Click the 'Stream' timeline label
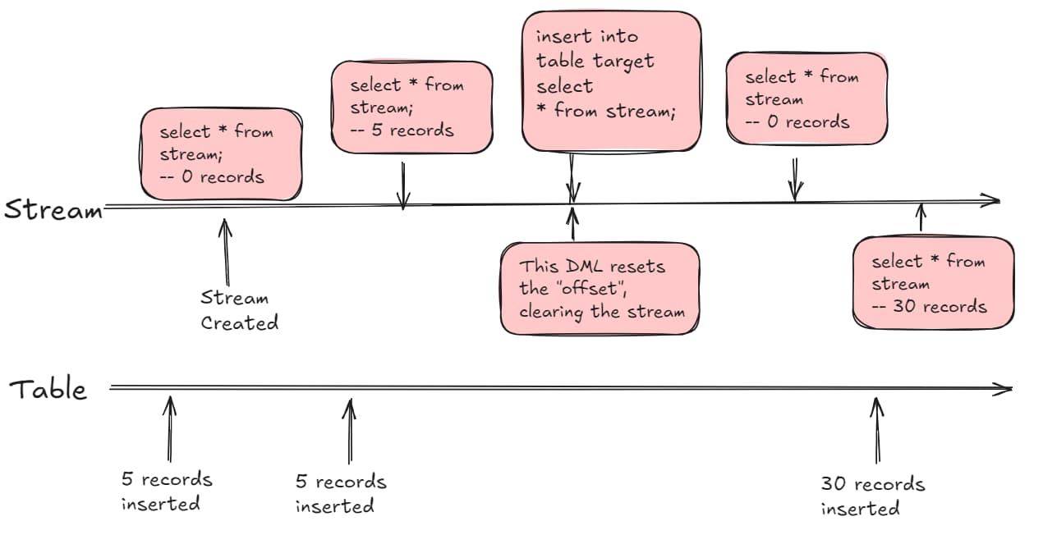pyautogui.click(x=53, y=210)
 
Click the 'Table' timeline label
pyautogui.click(x=48, y=390)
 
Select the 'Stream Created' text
pyautogui.click(x=239, y=310)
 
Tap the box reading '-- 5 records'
pyautogui.click(x=412, y=107)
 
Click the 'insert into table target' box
pyautogui.click(x=612, y=81)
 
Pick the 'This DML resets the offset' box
pyautogui.click(x=600, y=289)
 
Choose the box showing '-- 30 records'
pyautogui.click(x=933, y=283)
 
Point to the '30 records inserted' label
pyautogui.click(x=873, y=496)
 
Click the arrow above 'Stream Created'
pyautogui.click(x=226, y=252)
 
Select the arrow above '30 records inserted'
pyautogui.click(x=877, y=431)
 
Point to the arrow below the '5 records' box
pyautogui.click(x=403, y=185)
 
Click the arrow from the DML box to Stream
pyautogui.click(x=572, y=224)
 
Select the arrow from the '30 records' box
pyautogui.click(x=921, y=217)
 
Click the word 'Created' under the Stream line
pyautogui.click(x=239, y=323)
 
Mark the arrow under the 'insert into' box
pyautogui.click(x=572, y=178)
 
